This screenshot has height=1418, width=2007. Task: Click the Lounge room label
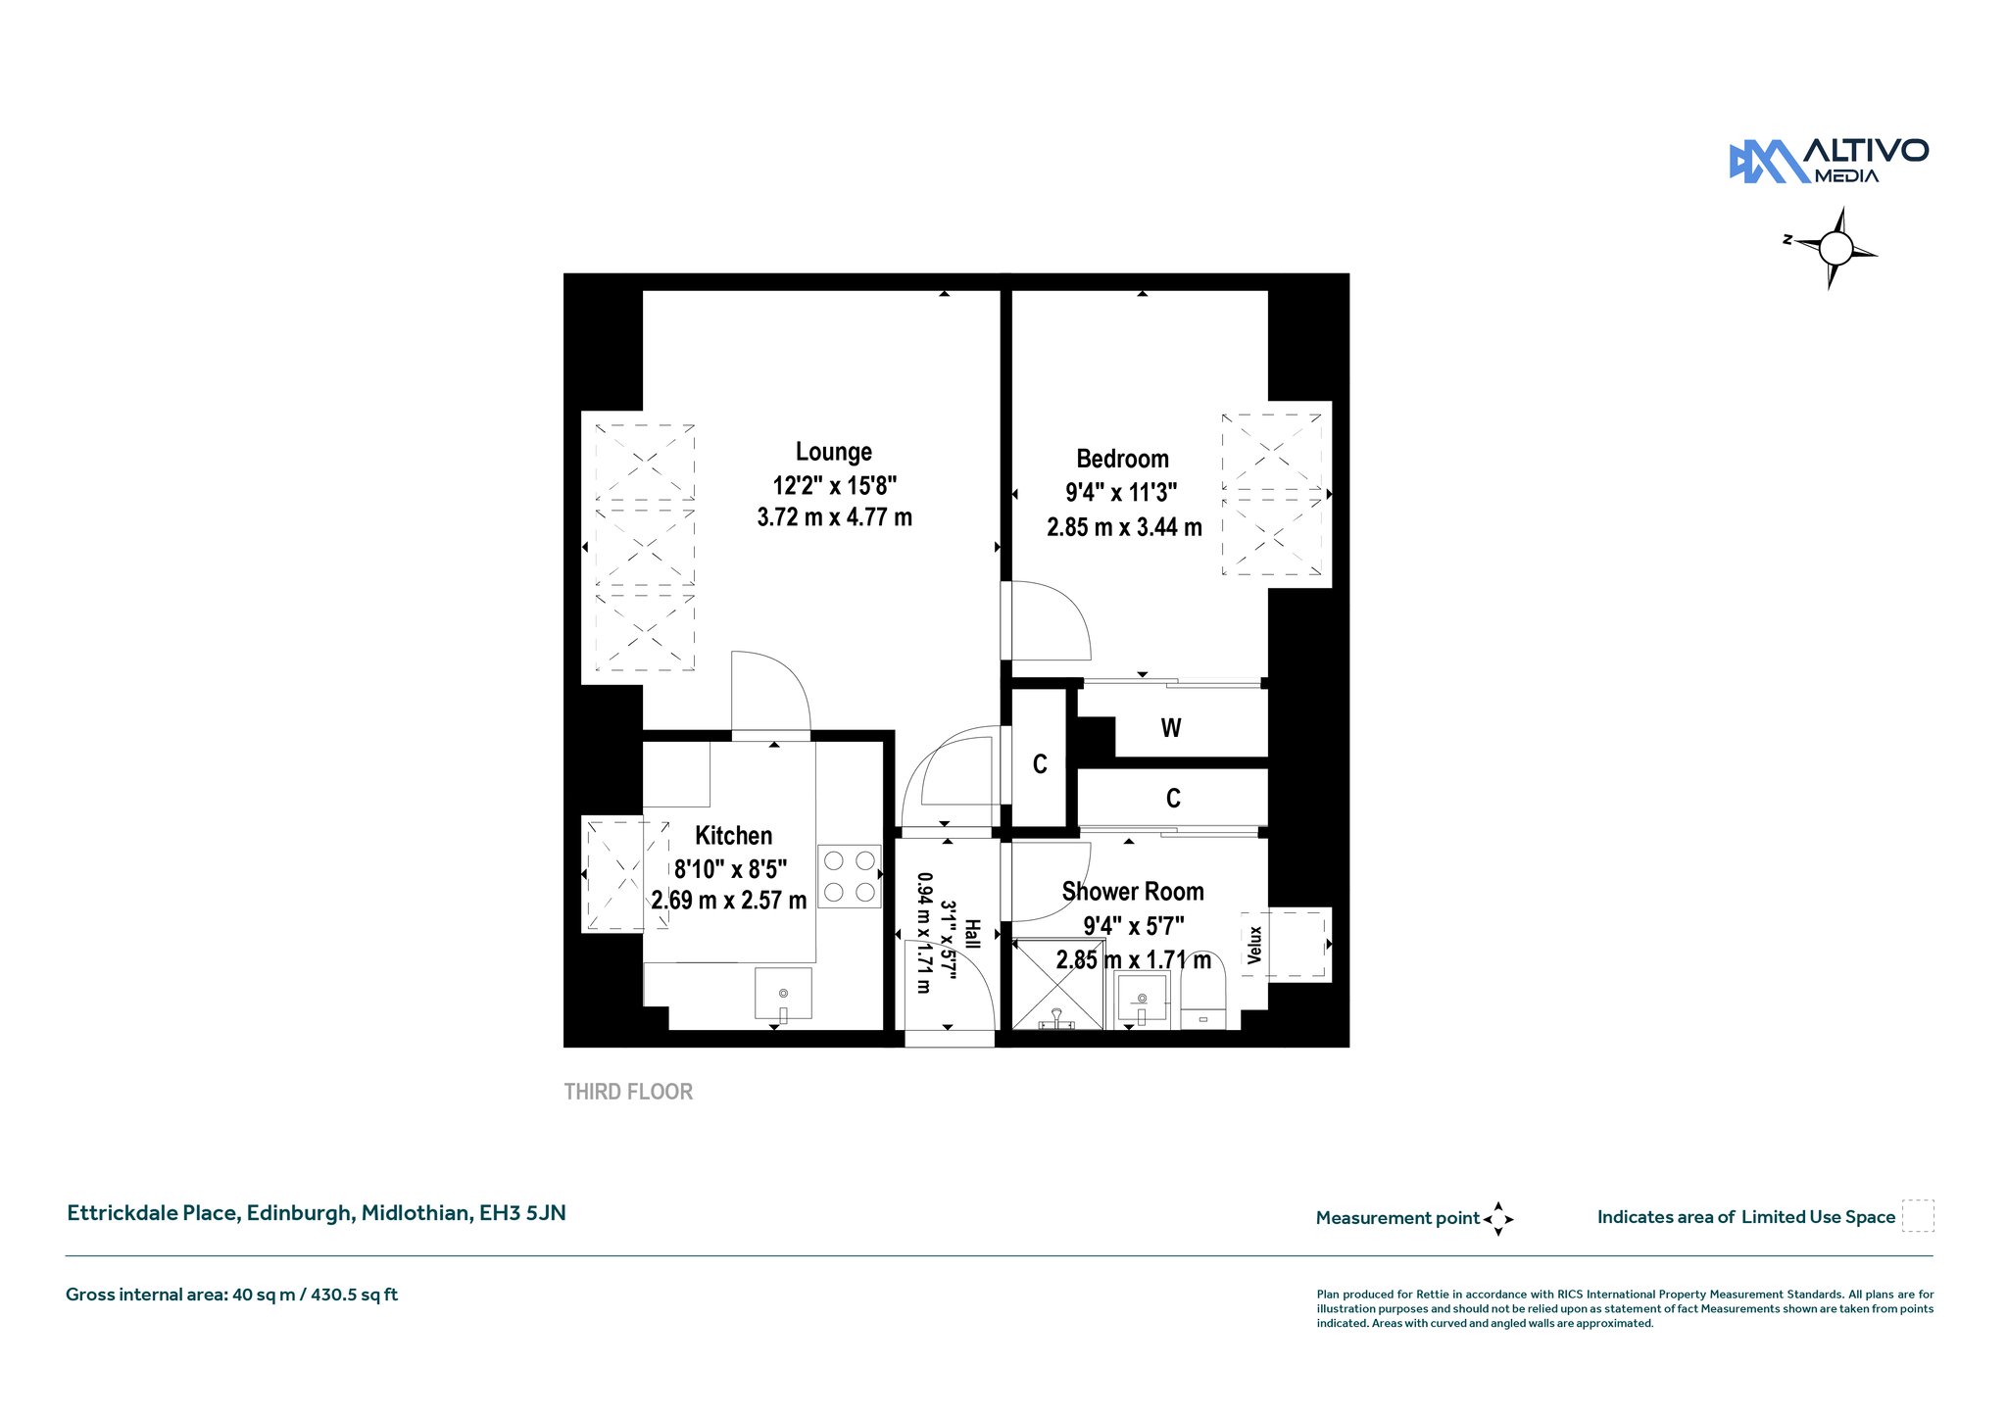point(833,452)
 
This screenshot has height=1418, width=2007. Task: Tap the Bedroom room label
point(1122,459)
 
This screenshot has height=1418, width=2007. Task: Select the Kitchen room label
point(733,836)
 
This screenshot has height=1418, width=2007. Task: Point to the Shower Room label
point(1133,892)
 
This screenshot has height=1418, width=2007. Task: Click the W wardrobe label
point(1171,728)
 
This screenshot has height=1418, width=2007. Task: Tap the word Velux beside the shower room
point(1255,945)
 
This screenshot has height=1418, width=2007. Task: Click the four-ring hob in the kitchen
point(850,876)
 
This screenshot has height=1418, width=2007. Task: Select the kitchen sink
point(783,994)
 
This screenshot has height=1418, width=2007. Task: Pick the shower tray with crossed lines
point(1058,984)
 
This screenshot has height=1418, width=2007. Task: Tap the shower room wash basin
point(1142,999)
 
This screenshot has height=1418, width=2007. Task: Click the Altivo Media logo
point(1829,161)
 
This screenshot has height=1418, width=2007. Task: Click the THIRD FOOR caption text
point(628,1092)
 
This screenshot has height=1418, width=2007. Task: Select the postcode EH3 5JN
point(522,1213)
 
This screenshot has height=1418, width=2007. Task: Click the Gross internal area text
point(231,1295)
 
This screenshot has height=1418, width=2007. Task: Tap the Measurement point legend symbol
point(1498,1219)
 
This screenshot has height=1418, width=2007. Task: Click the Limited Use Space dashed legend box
point(1918,1216)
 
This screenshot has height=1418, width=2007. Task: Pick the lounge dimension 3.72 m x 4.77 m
point(834,516)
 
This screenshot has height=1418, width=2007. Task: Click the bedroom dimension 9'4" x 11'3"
point(1121,492)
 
